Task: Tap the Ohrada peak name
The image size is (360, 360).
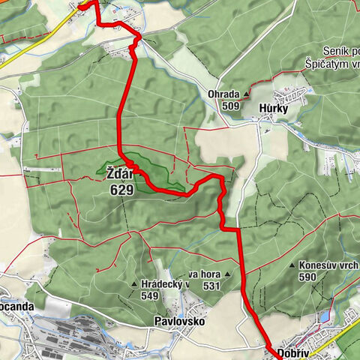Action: click(x=224, y=94)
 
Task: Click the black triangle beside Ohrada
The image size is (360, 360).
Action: click(x=245, y=95)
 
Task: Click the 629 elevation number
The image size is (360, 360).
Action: click(x=120, y=190)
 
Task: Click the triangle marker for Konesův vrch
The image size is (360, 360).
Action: click(x=292, y=266)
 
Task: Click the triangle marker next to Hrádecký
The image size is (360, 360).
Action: click(x=133, y=285)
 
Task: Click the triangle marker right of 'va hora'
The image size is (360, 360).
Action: click(x=226, y=274)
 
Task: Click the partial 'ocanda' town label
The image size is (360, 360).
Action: click(x=13, y=307)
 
